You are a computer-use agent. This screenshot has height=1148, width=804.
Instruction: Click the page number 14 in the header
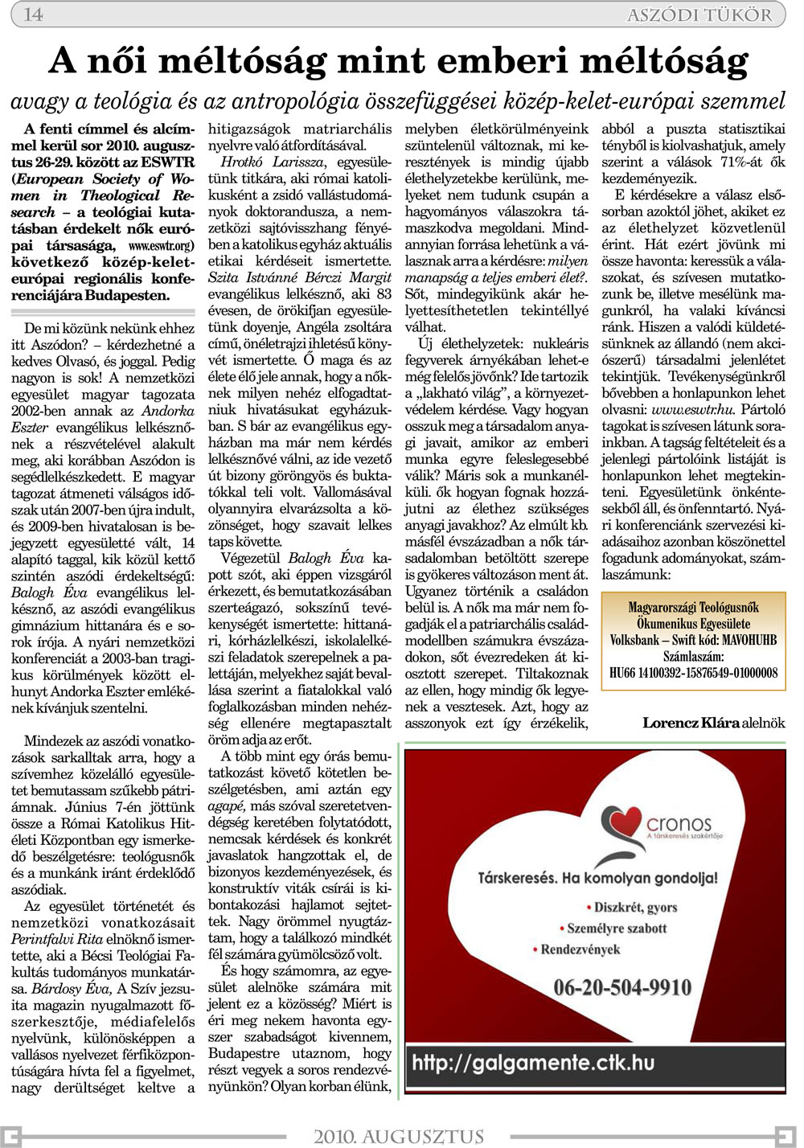point(34,14)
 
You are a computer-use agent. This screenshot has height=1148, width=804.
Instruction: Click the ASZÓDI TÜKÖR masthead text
point(699,15)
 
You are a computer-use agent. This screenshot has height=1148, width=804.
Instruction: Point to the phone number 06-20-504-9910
point(622,987)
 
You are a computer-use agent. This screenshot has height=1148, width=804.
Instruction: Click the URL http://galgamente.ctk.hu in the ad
point(533,1063)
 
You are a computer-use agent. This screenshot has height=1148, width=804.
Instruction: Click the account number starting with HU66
point(693,673)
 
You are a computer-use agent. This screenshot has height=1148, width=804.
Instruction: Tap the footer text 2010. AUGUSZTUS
point(399,1136)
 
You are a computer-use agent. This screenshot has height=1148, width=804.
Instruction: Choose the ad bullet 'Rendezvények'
point(580,949)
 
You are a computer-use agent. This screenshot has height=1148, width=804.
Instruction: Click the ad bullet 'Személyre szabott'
point(617,929)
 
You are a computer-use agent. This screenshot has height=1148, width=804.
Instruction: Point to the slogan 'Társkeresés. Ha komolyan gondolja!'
point(597,878)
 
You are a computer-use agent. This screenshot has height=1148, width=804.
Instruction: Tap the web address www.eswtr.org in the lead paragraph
point(160,245)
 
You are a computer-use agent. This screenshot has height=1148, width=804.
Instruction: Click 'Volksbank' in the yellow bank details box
point(635,641)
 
